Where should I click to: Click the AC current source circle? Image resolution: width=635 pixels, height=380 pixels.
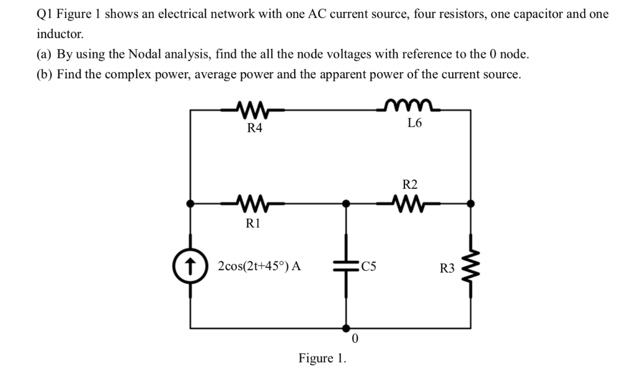[190, 267]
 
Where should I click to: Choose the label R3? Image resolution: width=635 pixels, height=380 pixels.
[447, 268]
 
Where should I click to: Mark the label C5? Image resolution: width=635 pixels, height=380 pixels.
[369, 268]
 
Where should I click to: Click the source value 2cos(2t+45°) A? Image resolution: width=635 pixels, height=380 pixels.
[260, 267]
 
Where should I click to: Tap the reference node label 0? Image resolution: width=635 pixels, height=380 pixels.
[354, 339]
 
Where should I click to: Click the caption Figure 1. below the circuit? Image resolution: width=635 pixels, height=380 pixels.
[323, 358]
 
